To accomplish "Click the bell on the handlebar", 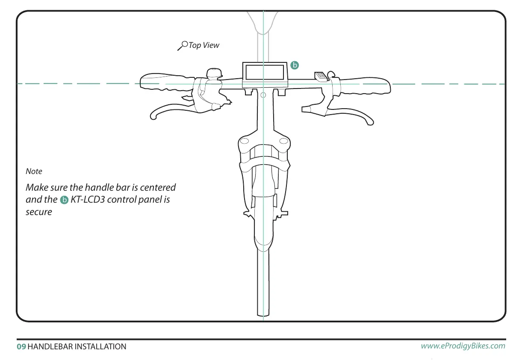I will pos(213,73).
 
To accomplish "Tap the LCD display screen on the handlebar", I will pos(264,71).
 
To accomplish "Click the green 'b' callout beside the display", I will pos(295,65).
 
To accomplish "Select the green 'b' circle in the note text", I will pos(64,200).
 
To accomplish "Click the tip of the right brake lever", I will pos(370,122).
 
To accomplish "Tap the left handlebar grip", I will pos(167,83).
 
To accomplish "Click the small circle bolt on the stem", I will pos(263,94).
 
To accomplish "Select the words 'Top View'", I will pos(204,45).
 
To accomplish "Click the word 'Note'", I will pos(34,171).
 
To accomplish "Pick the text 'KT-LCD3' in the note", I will pos(87,200).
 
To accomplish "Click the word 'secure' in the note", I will pos(39,212).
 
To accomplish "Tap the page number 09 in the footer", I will pos(21,347).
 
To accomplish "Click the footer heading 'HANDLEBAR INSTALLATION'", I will pos(77,347).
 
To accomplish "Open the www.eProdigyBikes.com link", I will pos(463,346).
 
